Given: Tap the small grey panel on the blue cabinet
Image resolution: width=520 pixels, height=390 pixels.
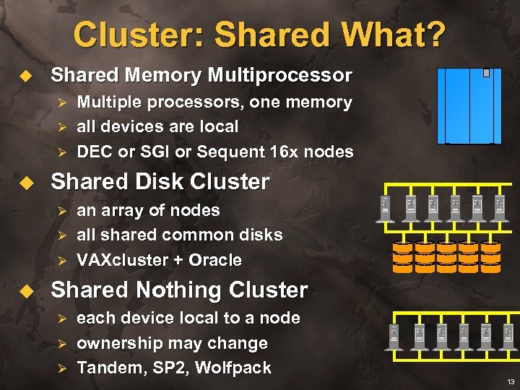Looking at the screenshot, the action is click(x=487, y=73).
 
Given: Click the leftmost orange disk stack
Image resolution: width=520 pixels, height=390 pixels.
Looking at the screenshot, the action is click(x=403, y=256).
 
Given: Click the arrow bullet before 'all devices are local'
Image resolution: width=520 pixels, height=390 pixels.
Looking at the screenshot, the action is click(x=61, y=127).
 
